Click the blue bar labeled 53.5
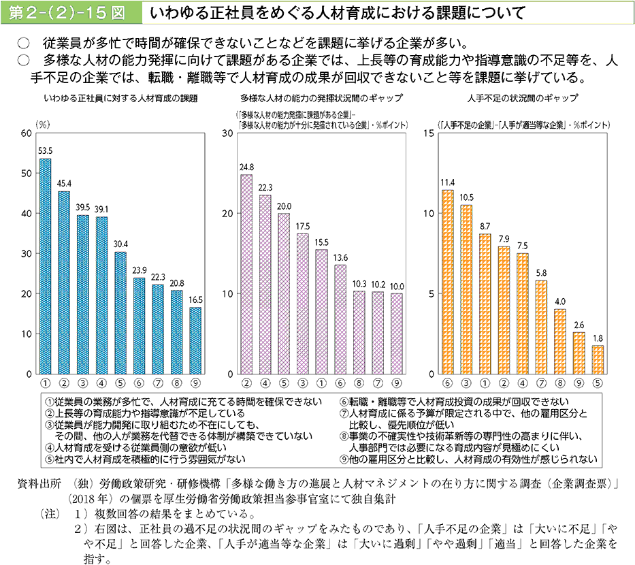click(45, 266)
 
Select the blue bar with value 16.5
click(195, 340)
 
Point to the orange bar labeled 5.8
click(541, 327)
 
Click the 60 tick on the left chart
click(27, 133)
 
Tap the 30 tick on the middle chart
click(229, 133)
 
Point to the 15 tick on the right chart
click(428, 133)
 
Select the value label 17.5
click(303, 226)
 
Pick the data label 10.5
click(466, 197)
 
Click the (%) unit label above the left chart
click(42, 124)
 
